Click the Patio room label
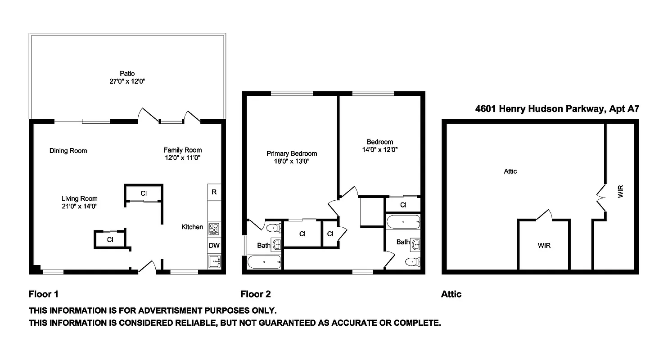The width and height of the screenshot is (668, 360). [x=127, y=73]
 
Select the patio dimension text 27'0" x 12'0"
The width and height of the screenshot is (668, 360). [x=127, y=81]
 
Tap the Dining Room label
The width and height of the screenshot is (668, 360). [x=68, y=151]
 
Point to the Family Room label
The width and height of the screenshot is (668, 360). [x=182, y=150]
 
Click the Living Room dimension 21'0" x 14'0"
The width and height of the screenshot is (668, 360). [x=80, y=206]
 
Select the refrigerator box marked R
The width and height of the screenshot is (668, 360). [x=214, y=192]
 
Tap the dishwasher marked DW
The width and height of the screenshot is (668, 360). [x=214, y=246]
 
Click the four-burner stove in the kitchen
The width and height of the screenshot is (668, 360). [x=214, y=228]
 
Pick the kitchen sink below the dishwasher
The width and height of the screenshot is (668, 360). [x=214, y=261]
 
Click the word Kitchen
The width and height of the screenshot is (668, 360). [x=192, y=227]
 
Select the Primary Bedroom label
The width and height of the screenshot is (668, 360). [x=291, y=153]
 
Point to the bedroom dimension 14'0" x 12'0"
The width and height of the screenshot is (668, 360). [x=379, y=149]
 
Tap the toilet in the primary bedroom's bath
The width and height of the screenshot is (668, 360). [x=273, y=228]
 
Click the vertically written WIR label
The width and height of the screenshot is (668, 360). [x=621, y=193]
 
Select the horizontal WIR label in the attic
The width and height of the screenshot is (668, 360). [x=544, y=246]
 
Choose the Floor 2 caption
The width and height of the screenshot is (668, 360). [x=256, y=294]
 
